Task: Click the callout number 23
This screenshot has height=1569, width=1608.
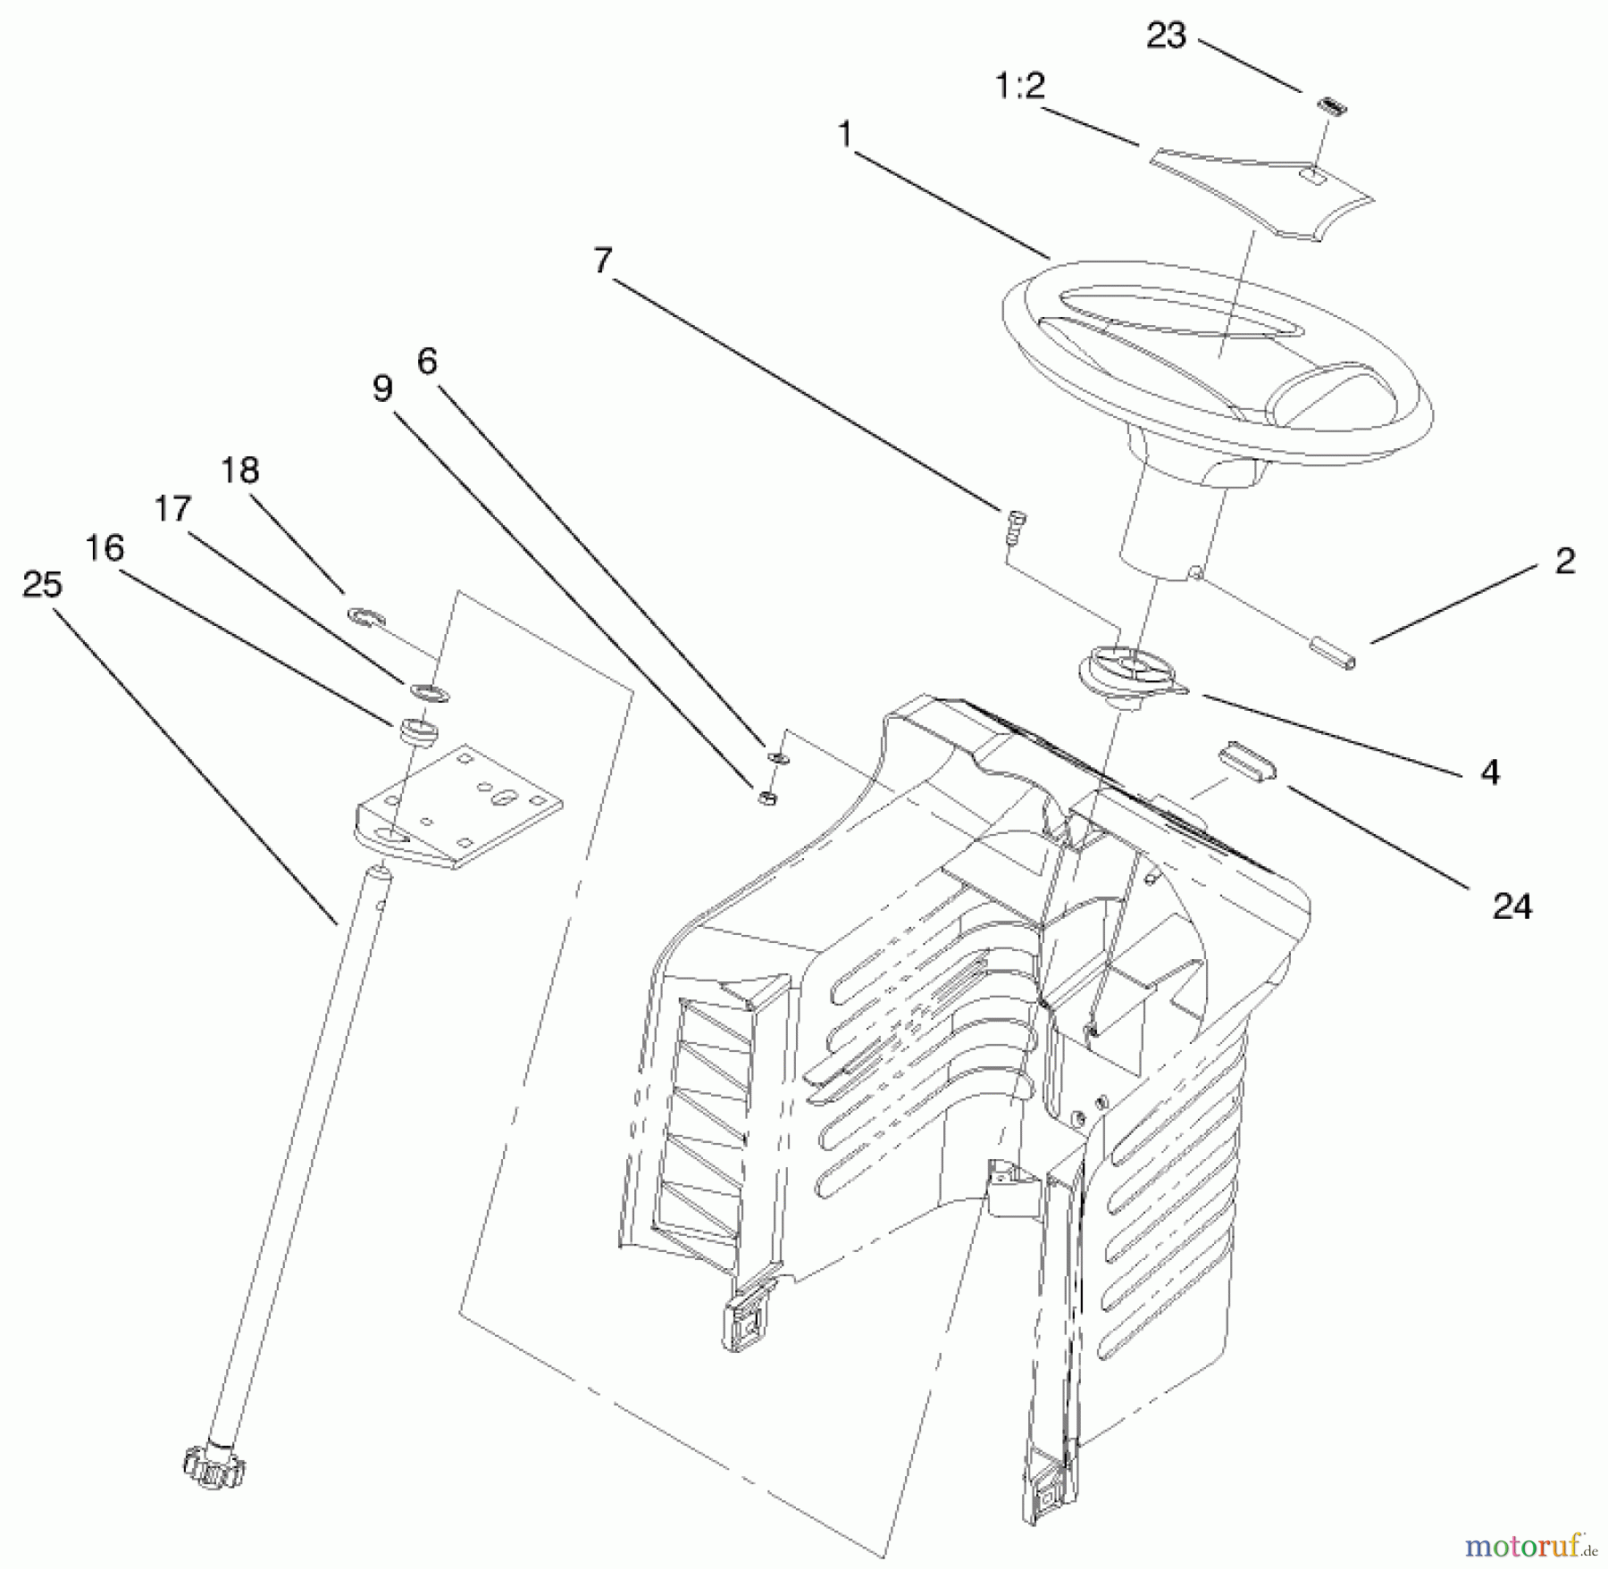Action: [x=1166, y=37]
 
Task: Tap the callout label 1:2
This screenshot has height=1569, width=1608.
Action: [x=1019, y=88]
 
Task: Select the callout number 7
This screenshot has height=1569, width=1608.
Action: [x=603, y=261]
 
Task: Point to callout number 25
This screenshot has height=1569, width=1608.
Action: [x=42, y=585]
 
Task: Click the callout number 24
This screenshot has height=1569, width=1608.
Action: [x=1512, y=907]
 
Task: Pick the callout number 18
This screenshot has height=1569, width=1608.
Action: [x=239, y=470]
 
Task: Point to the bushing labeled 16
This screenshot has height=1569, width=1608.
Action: [x=416, y=730]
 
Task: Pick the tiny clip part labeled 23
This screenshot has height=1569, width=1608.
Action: [x=1331, y=106]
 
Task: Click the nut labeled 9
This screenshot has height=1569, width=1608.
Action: [x=766, y=797]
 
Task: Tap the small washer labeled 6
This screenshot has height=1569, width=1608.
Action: [x=777, y=758]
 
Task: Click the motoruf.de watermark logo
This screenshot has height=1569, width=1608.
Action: [x=1528, y=1541]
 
